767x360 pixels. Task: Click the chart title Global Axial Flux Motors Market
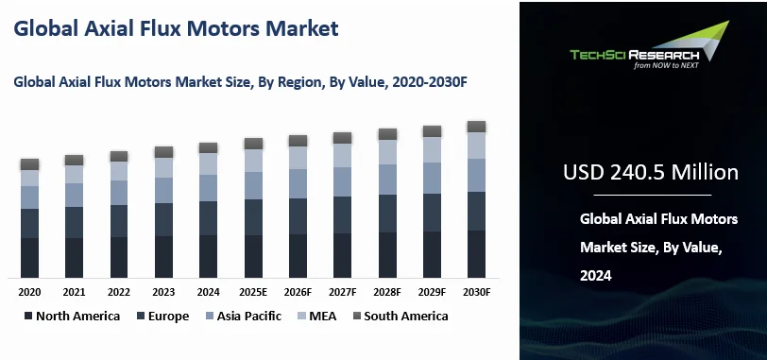(175, 28)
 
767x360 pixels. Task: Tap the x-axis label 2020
(29, 292)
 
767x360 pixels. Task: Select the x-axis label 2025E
(253, 292)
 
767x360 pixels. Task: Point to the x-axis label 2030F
(476, 292)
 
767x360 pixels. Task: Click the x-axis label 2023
(163, 292)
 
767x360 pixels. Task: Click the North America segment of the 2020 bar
(29, 257)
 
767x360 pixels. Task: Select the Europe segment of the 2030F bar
(476, 210)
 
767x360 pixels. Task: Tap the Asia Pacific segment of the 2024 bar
(208, 187)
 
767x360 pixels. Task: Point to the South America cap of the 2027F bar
(342, 138)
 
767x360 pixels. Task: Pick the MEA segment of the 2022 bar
(119, 170)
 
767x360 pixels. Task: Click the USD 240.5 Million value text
(651, 172)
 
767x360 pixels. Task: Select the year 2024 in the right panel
(597, 276)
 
